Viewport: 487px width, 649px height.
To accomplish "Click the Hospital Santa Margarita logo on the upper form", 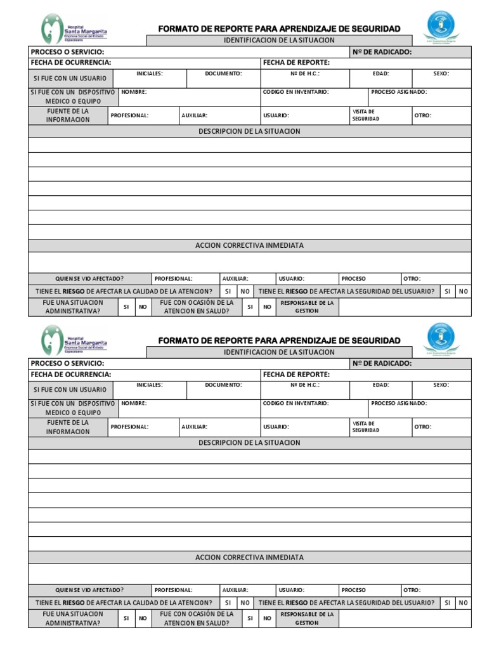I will (74, 29).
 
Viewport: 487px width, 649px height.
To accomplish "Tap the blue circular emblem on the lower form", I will (441, 337).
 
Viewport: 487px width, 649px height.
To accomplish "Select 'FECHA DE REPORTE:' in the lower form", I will (296, 374).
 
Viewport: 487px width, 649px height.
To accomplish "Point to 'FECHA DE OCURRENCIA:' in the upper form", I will (71, 63).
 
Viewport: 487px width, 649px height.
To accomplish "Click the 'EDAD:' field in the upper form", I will (380, 74).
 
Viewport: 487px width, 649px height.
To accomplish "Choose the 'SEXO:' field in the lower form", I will (441, 385).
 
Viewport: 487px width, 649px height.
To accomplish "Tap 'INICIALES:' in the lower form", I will (150, 385).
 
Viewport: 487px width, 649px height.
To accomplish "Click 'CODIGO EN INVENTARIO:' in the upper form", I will (295, 92).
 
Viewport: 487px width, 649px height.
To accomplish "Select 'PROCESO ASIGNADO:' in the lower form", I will (399, 403).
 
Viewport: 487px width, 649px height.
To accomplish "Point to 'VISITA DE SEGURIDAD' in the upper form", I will (366, 115).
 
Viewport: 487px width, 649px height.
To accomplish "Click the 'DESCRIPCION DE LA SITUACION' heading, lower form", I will (249, 442).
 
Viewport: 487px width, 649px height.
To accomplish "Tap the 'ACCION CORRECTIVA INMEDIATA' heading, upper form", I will (249, 245).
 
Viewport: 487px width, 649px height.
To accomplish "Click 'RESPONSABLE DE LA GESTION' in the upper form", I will (307, 307).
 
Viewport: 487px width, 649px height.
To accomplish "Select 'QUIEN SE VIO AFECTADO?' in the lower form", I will (89, 589).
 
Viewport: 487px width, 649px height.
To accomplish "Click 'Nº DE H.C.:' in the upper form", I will (304, 74).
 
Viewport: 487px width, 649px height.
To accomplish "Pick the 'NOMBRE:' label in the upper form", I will (134, 92).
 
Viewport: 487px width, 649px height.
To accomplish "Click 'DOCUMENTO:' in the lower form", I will (223, 385).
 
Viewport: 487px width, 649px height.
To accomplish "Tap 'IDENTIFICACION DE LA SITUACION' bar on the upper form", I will (279, 41).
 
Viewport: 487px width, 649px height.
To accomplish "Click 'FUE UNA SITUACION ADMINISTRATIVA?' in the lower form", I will (72, 618).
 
